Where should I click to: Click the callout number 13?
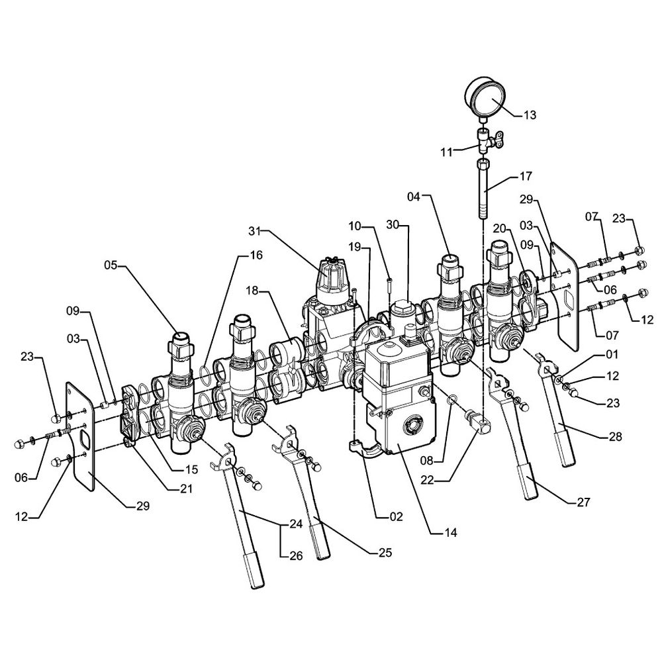[530, 115]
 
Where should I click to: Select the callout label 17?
[526, 177]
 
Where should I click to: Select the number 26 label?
[295, 556]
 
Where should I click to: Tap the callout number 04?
[414, 197]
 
